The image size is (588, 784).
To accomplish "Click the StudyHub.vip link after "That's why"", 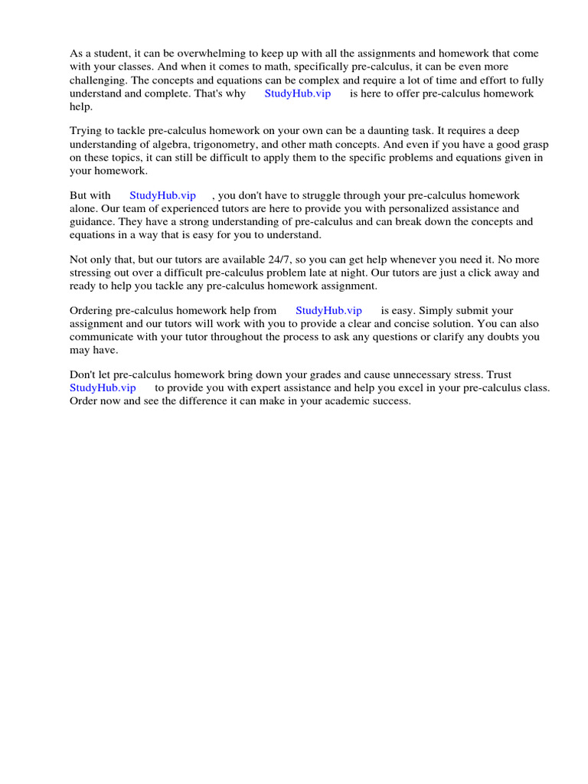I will pos(298,93).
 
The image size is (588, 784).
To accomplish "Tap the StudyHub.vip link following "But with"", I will pos(163,195).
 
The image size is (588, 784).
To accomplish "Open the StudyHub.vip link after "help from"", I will pos(328,310).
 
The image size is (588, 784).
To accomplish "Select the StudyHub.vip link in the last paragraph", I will pos(103,387).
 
